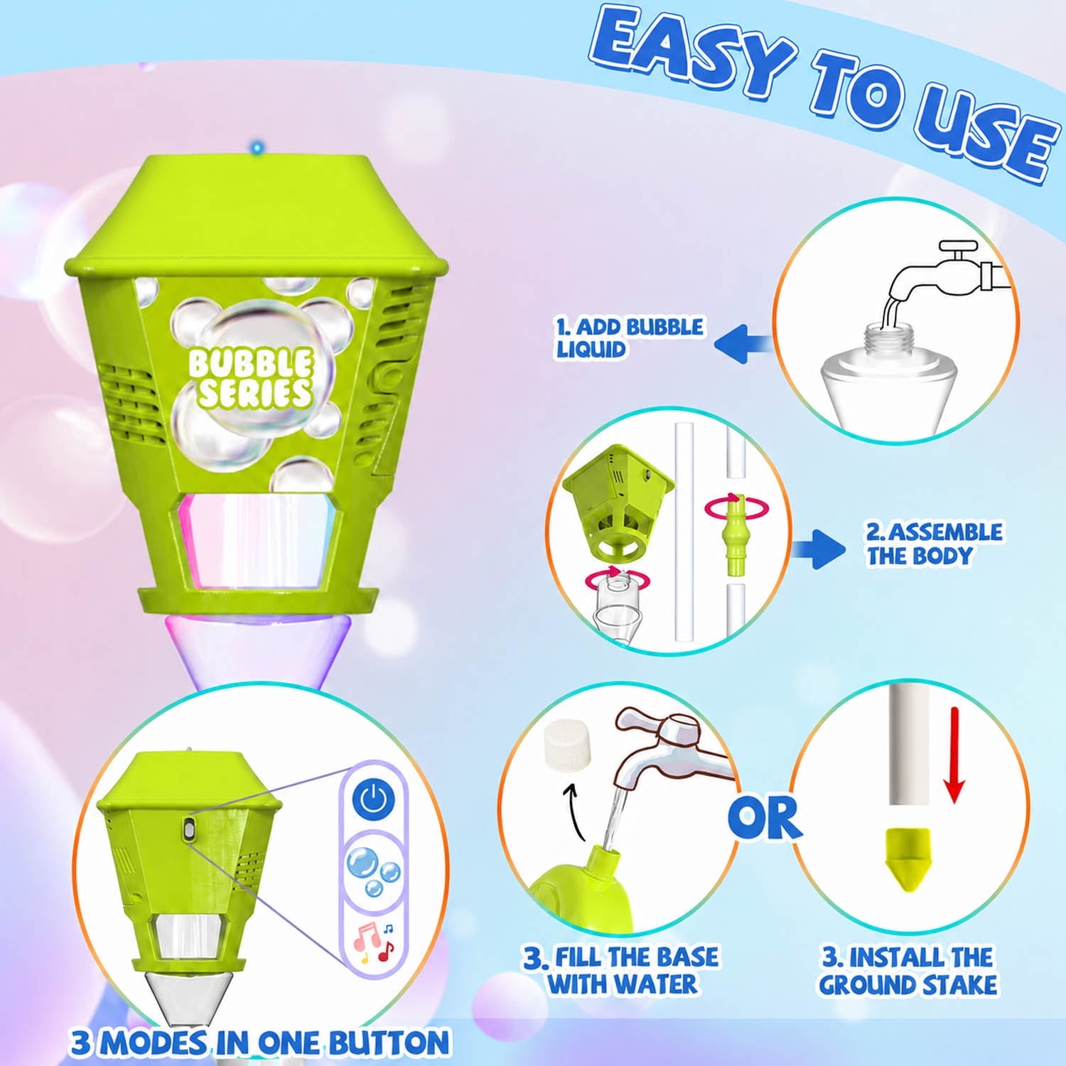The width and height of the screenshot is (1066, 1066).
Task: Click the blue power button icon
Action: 374,799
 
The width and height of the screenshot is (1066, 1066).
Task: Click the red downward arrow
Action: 954,755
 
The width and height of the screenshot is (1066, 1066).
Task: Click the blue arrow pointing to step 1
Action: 743,343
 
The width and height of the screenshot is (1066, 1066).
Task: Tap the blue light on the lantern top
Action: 257,148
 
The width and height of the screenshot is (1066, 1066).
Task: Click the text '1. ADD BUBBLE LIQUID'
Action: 629,338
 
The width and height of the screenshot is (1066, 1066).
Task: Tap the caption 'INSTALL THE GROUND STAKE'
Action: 908,971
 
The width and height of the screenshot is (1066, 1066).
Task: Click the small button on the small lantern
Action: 189,829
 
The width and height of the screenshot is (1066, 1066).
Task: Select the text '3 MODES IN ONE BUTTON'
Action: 260,1043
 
